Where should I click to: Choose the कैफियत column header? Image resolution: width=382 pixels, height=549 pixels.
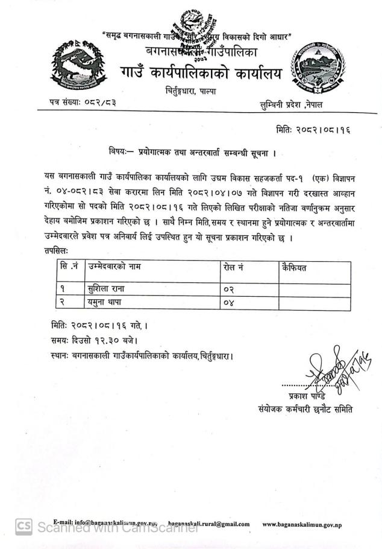pos(294,266)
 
